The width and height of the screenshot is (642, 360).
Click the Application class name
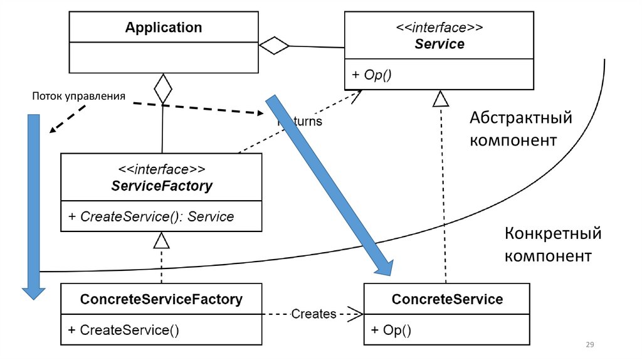[x=164, y=28]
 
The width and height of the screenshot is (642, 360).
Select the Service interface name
[x=439, y=44]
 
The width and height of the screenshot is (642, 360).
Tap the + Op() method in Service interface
[x=371, y=75]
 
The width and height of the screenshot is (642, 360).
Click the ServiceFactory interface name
[x=162, y=186]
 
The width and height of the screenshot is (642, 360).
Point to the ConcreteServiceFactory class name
[x=161, y=299]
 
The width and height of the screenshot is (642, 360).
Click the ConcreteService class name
[x=447, y=299]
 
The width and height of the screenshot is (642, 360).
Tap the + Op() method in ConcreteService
[x=391, y=330]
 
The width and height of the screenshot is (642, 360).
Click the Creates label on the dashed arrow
[x=314, y=313]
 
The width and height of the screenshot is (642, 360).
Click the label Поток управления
[x=79, y=97]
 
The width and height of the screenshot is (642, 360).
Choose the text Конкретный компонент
[x=553, y=245]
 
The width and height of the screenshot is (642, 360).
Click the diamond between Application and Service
[x=275, y=45]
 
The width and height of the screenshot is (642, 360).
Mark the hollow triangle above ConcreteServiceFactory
[x=162, y=240]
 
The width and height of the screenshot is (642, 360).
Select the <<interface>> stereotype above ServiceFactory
[x=162, y=169]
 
